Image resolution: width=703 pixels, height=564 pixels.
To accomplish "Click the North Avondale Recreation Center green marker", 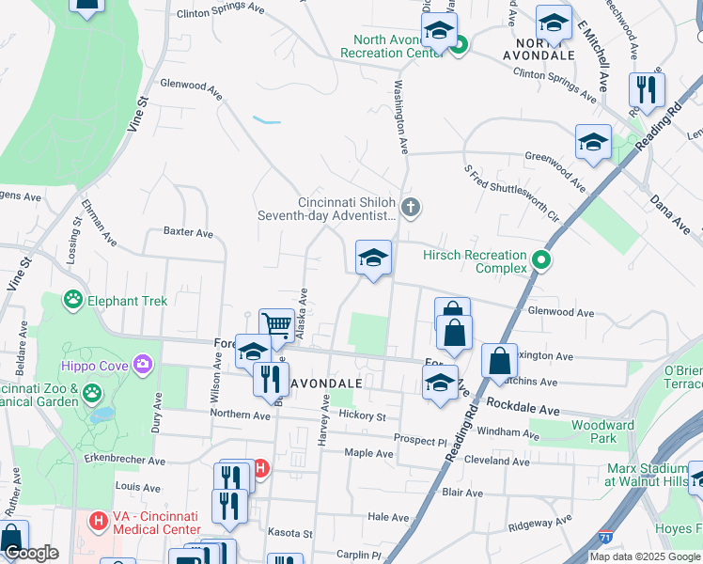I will [x=459, y=44].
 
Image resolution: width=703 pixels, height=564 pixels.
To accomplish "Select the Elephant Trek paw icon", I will [x=72, y=301].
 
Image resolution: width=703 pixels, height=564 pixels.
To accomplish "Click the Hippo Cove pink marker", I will [x=142, y=364].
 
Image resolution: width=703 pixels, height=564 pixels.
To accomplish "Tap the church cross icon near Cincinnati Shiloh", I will [x=409, y=207].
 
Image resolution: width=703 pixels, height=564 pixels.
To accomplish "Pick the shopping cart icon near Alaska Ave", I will [x=276, y=324].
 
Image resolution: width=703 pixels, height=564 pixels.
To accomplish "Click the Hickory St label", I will [x=364, y=415].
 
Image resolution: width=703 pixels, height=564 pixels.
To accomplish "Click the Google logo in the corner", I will [x=31, y=554].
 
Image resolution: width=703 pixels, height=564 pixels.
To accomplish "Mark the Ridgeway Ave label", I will [x=539, y=523].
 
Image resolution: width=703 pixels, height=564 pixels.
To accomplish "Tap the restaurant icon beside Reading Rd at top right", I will [x=647, y=89].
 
